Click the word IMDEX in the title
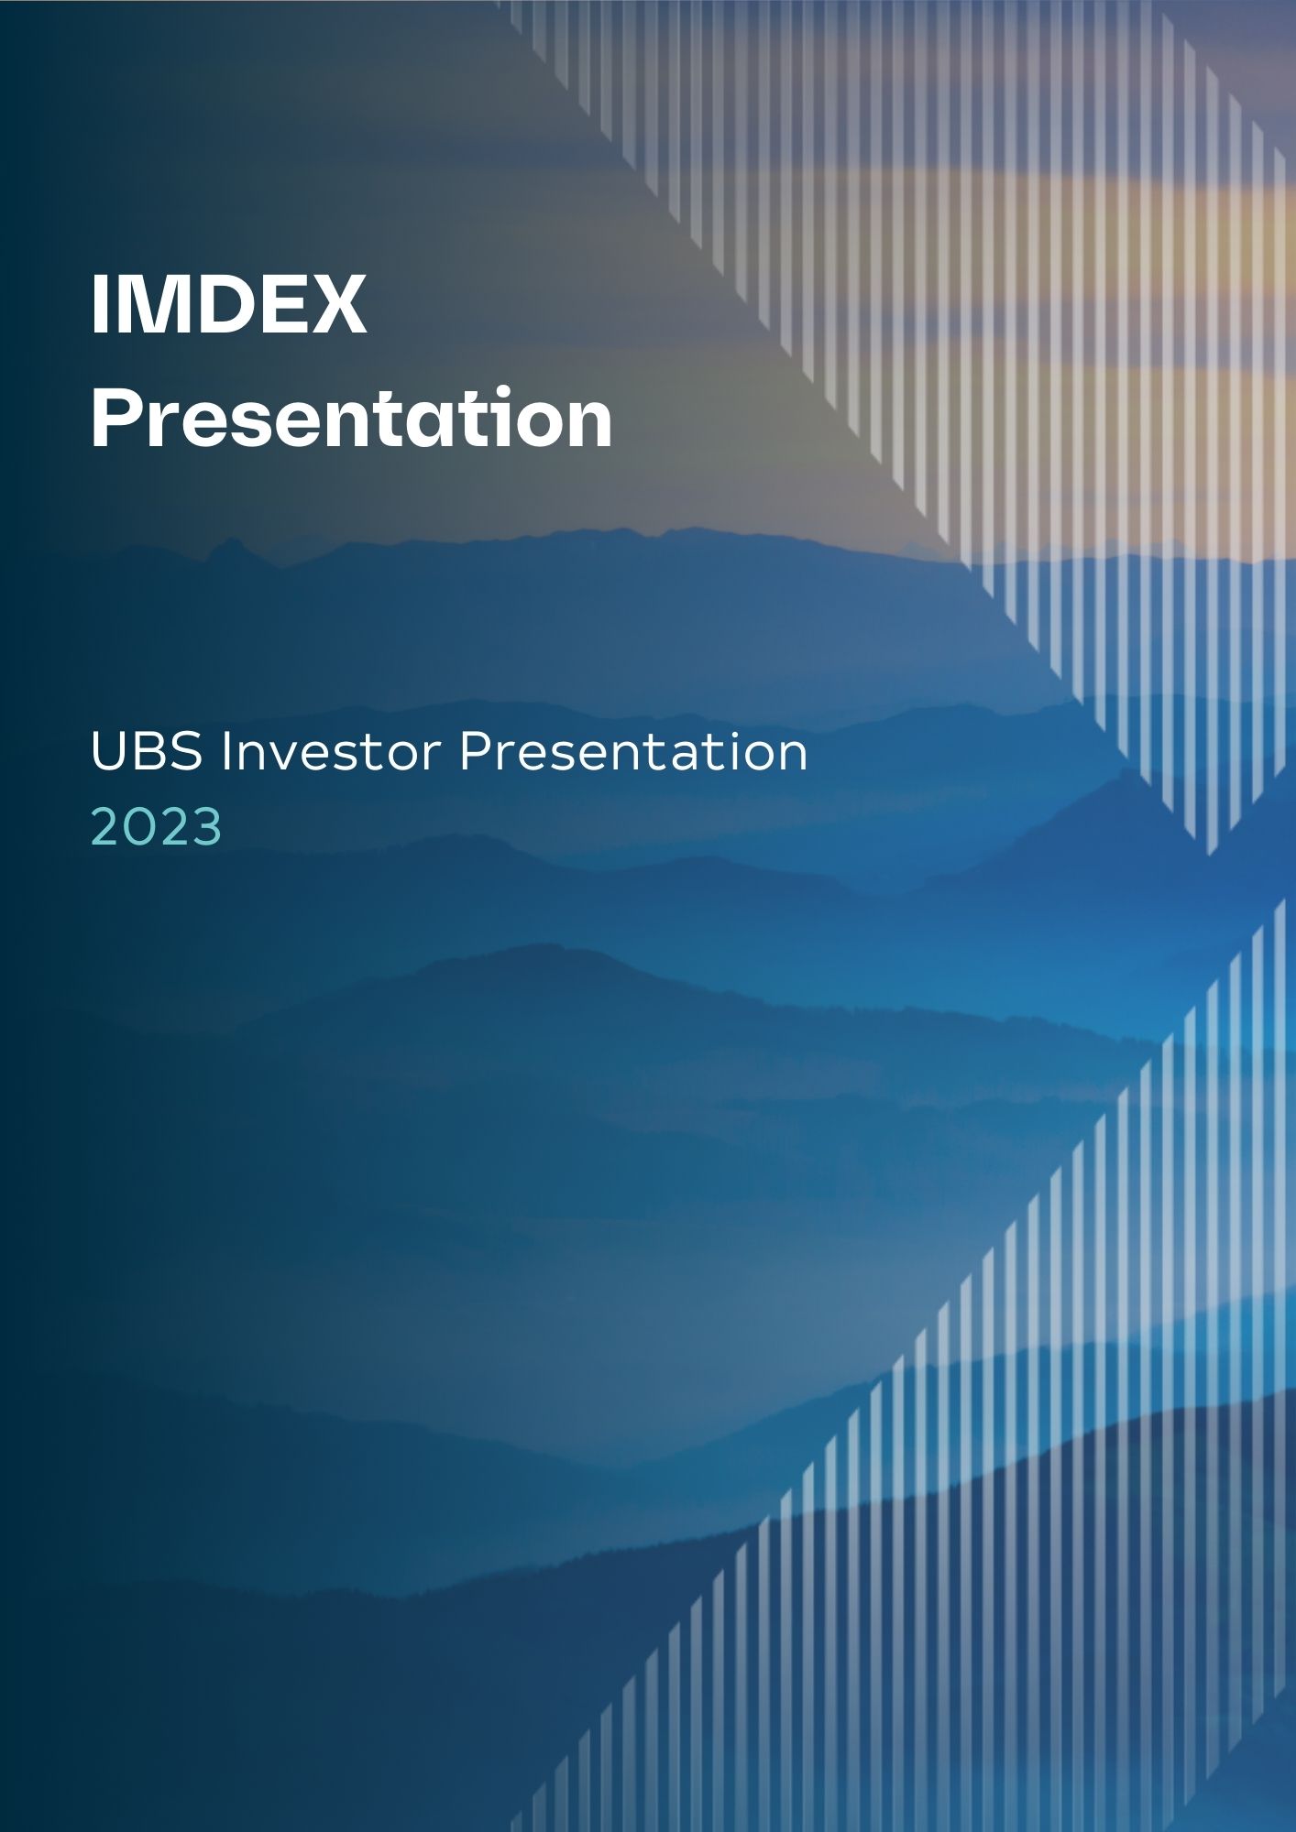[x=228, y=305]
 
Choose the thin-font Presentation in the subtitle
[x=633, y=753]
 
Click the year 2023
[x=157, y=828]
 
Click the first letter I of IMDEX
[x=98, y=305]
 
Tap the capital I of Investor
[x=225, y=753]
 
